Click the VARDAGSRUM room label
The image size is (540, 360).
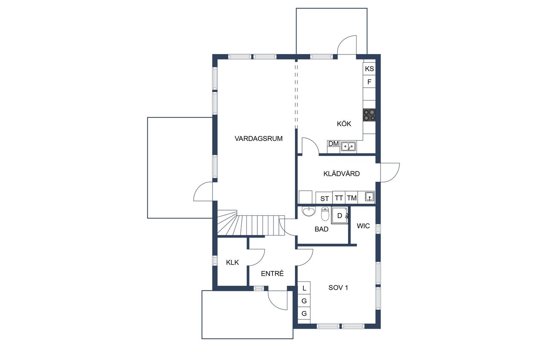click(x=259, y=139)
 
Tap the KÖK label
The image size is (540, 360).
click(x=344, y=124)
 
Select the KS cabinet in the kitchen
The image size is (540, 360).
click(x=369, y=69)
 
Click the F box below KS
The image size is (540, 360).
click(x=369, y=82)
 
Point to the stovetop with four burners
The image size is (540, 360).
click(x=369, y=115)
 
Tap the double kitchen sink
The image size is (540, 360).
click(x=348, y=146)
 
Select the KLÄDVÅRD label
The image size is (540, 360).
click(x=341, y=173)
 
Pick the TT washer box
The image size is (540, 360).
click(x=339, y=198)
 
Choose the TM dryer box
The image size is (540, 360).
click(x=352, y=198)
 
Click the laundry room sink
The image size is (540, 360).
click(x=370, y=197)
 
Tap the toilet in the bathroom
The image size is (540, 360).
click(x=325, y=214)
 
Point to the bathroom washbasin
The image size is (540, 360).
click(x=309, y=211)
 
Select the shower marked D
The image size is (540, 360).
click(x=340, y=216)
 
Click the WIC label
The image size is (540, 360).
click(x=363, y=226)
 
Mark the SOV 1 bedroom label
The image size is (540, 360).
click(x=338, y=288)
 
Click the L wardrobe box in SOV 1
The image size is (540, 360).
click(x=304, y=288)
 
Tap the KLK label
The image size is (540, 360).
click(x=232, y=263)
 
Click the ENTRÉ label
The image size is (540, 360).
click(x=273, y=273)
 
